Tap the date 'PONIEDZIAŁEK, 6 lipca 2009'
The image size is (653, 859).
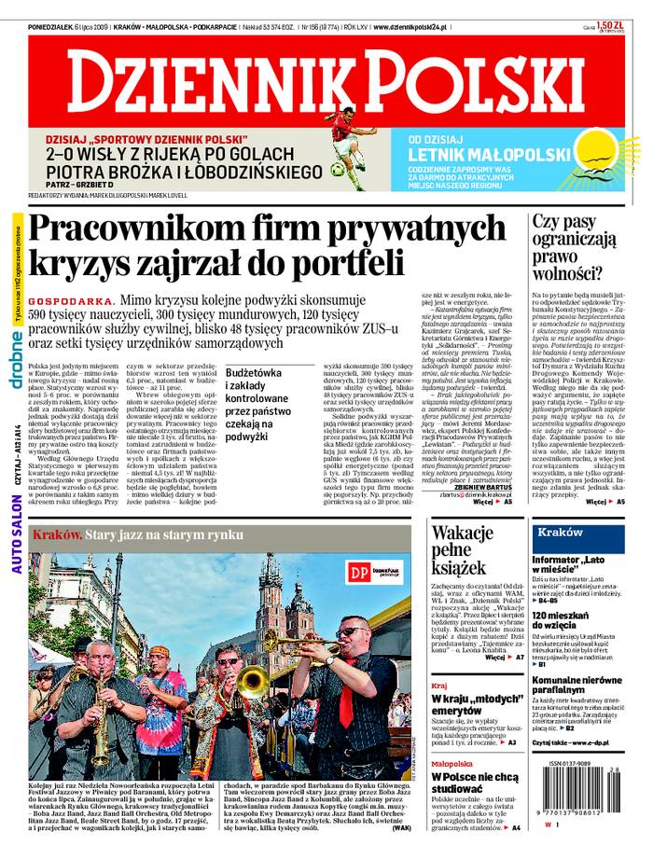(69, 28)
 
